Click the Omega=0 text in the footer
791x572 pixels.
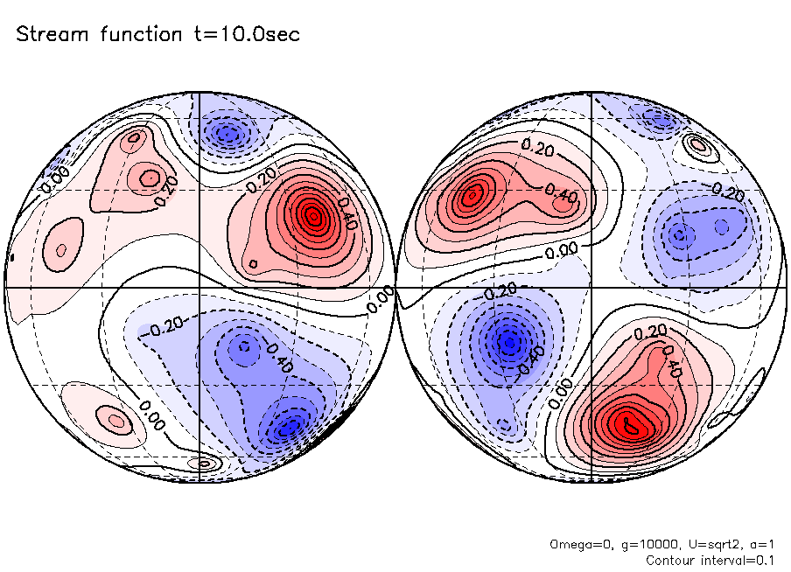(x=577, y=544)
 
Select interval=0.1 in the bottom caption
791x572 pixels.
(x=740, y=560)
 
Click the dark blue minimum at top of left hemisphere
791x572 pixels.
(x=228, y=134)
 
